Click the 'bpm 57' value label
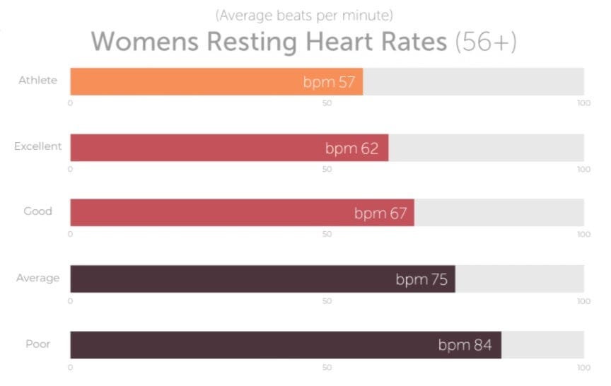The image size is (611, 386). coord(329,82)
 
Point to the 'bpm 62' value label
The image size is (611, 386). coord(351,148)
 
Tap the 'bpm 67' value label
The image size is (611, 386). coord(380,214)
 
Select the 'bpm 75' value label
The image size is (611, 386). coord(421,279)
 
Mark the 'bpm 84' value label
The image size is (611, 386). coord(465,346)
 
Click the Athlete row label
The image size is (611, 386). coord(37,80)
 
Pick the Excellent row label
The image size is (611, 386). coord(37,146)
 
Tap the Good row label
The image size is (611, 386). coord(37,211)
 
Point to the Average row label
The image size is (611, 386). coord(37,278)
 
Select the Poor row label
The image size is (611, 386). coord(37,344)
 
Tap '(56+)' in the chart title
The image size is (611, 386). coord(486,42)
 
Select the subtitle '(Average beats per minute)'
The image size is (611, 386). coord(304,14)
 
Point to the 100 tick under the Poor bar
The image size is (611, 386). coord(583,368)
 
